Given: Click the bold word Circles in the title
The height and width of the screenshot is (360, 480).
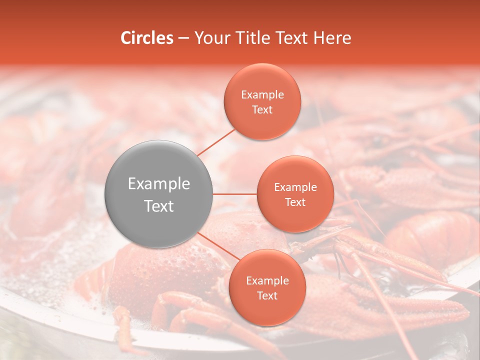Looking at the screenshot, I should pyautogui.click(x=146, y=38).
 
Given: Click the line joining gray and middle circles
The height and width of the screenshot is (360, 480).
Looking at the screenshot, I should pyautogui.click(x=235, y=193).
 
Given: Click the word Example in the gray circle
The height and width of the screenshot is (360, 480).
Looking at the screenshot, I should pyautogui.click(x=158, y=184).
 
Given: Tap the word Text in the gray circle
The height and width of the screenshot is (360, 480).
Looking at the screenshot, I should pyautogui.click(x=158, y=206).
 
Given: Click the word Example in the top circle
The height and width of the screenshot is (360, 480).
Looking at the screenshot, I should pyautogui.click(x=262, y=95).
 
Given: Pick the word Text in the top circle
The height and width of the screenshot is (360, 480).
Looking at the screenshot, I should pyautogui.click(x=262, y=109).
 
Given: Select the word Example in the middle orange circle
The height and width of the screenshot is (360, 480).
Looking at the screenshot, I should pyautogui.click(x=295, y=187).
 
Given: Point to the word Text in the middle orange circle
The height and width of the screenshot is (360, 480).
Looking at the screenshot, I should pyautogui.click(x=295, y=202).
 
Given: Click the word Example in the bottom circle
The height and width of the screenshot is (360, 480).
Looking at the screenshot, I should pyautogui.click(x=267, y=281).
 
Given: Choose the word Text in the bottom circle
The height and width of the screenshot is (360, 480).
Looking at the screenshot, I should pyautogui.click(x=267, y=295).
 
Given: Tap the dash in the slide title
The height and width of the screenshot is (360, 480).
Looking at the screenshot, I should pyautogui.click(x=183, y=38).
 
